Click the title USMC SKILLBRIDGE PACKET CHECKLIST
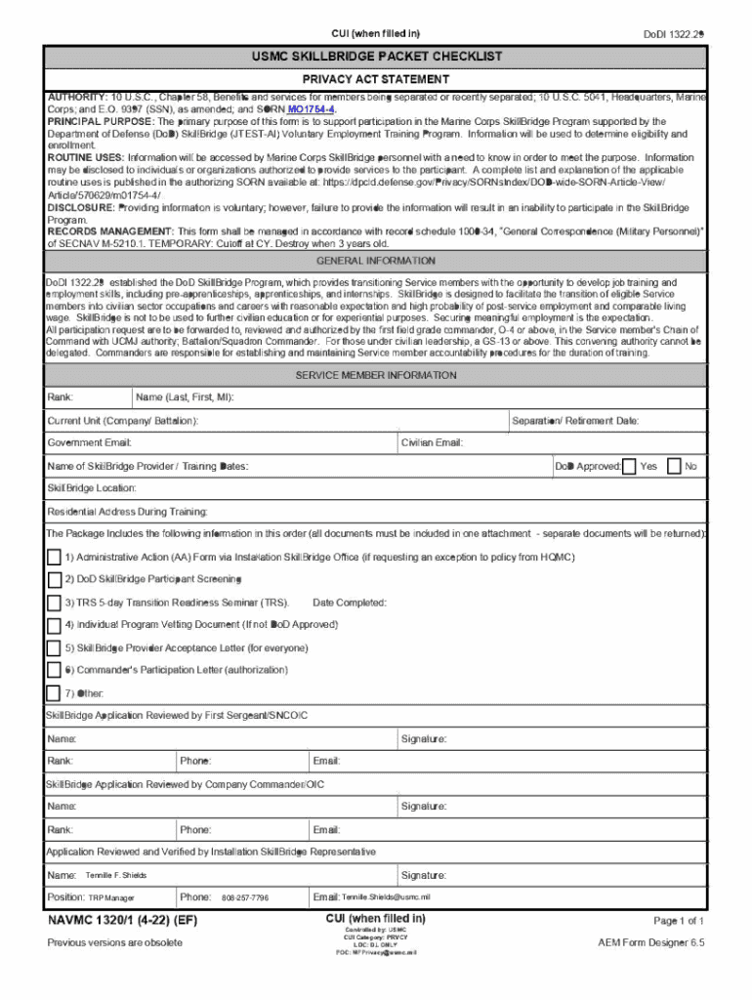pos(376,58)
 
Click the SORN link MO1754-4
pos(312,110)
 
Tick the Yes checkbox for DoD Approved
pos(629,466)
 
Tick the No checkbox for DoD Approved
pos(674,466)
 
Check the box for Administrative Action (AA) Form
pos(54,557)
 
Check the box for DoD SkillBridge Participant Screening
pos(54,579)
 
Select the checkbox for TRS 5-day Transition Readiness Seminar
pos(54,603)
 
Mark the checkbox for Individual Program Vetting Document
pos(54,625)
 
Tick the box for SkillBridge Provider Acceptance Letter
pos(54,647)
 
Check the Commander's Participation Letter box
pos(54,670)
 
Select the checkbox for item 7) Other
pos(54,693)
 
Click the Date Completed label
pos(350,603)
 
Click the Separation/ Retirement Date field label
pos(575,421)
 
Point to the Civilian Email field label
pos(432,443)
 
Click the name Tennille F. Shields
pos(116,875)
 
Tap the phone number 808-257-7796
pos(245,897)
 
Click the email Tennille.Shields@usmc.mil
pos(386,897)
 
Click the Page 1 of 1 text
pos(678,921)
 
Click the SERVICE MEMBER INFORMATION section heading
pos(376,375)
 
